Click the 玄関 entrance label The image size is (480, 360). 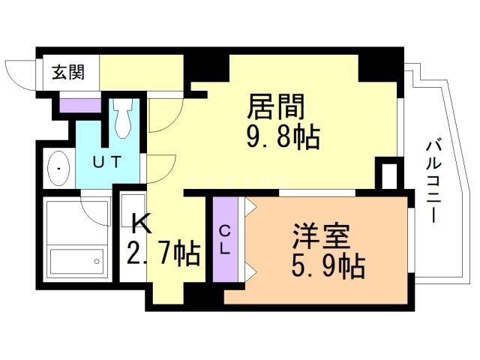point(67,73)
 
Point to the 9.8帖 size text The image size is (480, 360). point(283,138)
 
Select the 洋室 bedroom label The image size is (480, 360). point(322,237)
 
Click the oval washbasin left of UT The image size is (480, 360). point(58,169)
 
